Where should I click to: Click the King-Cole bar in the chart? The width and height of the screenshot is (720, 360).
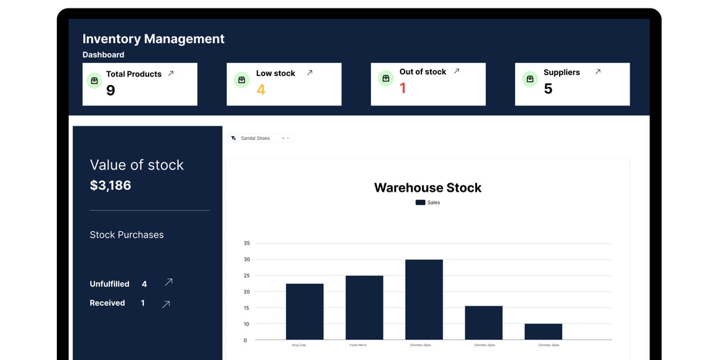[x=304, y=312]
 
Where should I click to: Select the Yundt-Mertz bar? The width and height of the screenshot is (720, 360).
[x=364, y=308]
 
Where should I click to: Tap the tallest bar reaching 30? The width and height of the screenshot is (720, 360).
[x=423, y=299]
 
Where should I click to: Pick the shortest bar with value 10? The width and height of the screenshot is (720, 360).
[x=543, y=331]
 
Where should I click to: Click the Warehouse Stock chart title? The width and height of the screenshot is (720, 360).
[x=427, y=188]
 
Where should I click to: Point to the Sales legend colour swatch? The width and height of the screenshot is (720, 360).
[x=420, y=203]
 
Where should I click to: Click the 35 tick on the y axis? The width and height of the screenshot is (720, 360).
[x=247, y=243]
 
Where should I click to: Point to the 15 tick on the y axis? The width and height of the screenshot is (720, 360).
[x=247, y=308]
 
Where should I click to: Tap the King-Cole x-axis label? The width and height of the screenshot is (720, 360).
[x=298, y=345]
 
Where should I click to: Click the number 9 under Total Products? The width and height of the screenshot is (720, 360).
[x=111, y=90]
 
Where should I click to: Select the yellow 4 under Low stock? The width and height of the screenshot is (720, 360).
[x=261, y=90]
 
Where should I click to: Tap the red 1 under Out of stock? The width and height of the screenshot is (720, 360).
[x=403, y=88]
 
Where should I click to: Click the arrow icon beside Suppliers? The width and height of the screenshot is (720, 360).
[x=598, y=72]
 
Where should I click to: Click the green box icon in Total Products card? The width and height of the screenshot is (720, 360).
[x=94, y=81]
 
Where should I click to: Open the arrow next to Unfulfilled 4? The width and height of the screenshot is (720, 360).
[x=169, y=283]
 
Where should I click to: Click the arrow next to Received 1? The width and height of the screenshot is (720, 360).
[x=166, y=304]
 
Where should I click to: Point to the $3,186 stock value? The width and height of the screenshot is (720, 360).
[x=111, y=185]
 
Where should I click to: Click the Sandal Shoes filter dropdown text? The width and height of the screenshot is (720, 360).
[x=255, y=138]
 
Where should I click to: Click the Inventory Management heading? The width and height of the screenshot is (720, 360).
[x=153, y=39]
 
